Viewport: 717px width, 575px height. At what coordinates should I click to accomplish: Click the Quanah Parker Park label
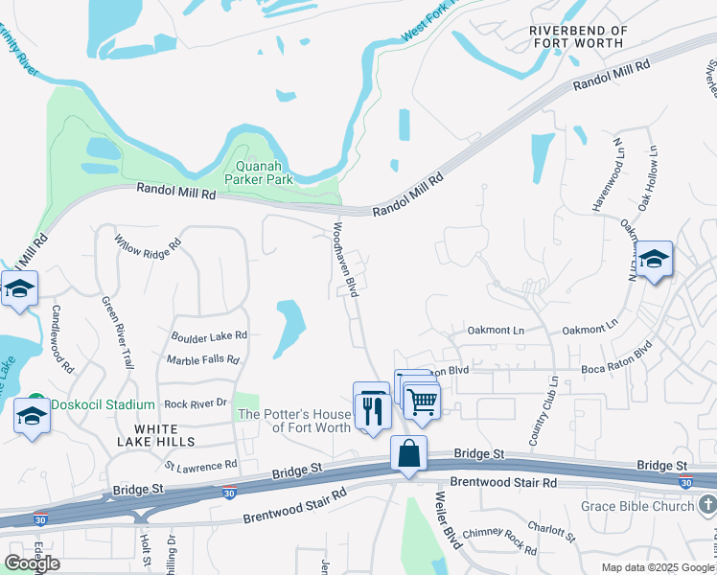[258, 172]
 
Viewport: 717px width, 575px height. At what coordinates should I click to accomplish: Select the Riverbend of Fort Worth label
[578, 37]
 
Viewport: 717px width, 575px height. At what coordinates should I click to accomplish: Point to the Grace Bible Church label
[636, 506]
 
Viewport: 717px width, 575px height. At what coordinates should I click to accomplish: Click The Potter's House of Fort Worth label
[294, 421]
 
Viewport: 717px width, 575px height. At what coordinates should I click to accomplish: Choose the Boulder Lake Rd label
[209, 336]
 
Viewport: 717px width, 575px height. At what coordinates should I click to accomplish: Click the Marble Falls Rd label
[202, 360]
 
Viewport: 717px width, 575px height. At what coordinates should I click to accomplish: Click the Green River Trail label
[118, 332]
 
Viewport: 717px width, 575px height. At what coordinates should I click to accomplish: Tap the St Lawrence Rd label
[200, 466]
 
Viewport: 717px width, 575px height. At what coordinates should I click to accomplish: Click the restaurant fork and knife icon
[371, 410]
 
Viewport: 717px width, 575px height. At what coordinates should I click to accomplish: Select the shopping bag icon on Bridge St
[409, 453]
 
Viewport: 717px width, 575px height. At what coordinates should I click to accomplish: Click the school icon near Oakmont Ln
[654, 260]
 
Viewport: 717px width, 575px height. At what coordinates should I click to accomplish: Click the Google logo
[32, 563]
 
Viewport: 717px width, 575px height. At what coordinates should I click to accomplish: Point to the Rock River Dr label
[195, 403]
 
